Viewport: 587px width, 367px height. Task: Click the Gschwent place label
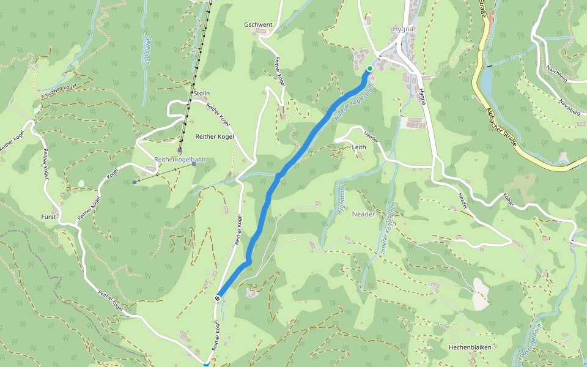257,25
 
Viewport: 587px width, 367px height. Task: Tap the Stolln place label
202,94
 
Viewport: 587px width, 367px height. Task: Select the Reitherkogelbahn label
179,160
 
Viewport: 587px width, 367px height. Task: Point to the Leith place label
359,147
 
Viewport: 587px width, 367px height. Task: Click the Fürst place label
49,217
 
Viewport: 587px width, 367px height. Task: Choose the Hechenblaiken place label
470,347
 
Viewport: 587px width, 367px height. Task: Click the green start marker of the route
370,69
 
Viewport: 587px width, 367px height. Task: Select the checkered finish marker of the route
218,298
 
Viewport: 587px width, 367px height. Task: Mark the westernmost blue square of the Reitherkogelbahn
135,182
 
